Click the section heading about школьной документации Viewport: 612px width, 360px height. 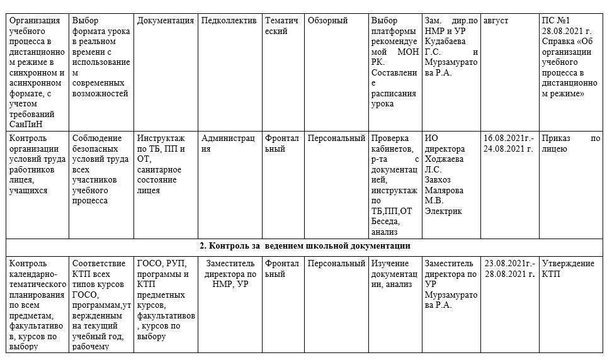coord(305,246)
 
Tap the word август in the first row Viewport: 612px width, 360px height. coord(496,21)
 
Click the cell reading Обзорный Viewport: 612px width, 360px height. coord(327,21)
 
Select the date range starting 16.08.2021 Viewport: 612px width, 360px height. coord(509,143)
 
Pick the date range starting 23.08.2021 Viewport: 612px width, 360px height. coord(509,269)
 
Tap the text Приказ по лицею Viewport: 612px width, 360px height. coord(570,143)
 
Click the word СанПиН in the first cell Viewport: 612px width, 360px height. coord(26,124)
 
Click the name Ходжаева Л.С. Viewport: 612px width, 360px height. coord(446,159)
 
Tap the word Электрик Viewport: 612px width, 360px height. coord(443,211)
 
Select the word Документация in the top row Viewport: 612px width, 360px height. coord(166,21)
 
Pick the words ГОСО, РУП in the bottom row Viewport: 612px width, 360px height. coord(161,264)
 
